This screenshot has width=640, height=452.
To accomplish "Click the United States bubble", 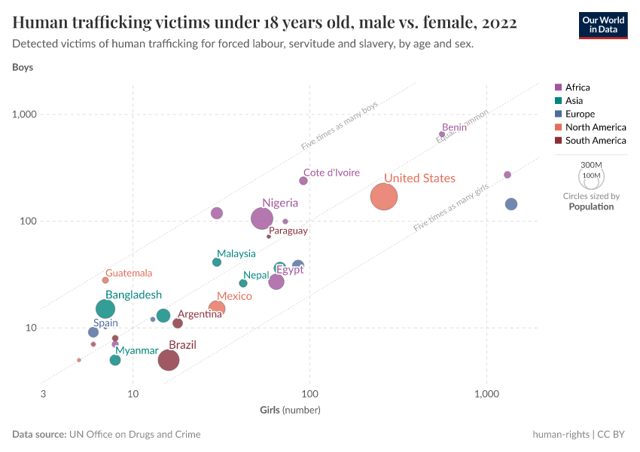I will [x=384, y=197].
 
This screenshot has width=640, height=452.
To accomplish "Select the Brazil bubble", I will [x=169, y=360].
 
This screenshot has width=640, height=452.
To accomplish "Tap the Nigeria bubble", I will [x=262, y=218].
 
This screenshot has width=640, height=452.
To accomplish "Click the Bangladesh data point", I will [x=106, y=309].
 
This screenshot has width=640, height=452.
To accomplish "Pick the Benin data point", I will [x=442, y=134].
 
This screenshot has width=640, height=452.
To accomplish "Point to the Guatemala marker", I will [x=105, y=280].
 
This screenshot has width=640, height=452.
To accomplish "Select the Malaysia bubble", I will [x=217, y=262].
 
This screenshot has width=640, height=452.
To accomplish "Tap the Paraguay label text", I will [x=288, y=231].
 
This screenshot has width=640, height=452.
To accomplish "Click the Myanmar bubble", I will [x=115, y=360].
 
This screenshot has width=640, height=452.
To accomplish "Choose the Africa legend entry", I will [x=578, y=87].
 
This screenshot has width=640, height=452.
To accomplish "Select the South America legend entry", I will [x=595, y=140].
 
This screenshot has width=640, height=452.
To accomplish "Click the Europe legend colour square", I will [x=558, y=114].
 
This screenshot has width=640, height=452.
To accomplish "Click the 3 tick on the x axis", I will [x=43, y=394].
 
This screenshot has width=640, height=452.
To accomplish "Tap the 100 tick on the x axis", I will [x=309, y=394].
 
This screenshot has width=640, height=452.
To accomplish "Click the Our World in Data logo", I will [x=603, y=25].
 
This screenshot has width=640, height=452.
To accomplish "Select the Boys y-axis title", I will [x=23, y=67].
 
